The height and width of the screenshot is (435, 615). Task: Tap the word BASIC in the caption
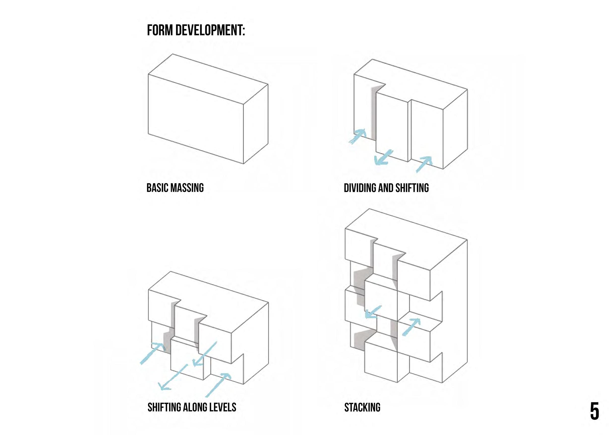point(157,188)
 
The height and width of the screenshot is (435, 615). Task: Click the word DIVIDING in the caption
point(360,188)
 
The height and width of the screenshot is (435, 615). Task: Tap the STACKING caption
point(362,407)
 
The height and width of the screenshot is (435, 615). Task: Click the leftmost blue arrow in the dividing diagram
point(358,136)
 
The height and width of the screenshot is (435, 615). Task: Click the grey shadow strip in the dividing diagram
point(373,114)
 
